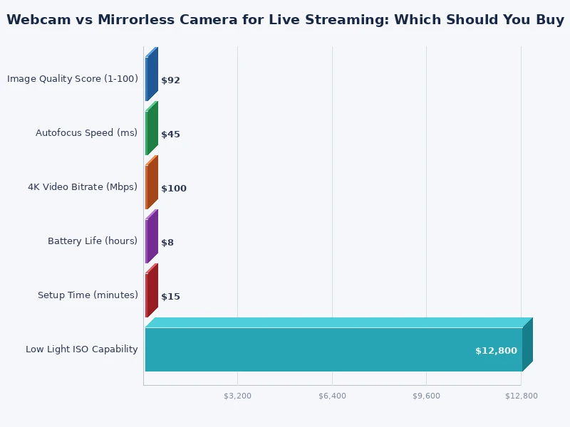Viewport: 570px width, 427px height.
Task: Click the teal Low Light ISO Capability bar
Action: [x=333, y=349]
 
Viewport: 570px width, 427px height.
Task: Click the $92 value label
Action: [x=170, y=80]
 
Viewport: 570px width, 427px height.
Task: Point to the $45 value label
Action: [x=170, y=135]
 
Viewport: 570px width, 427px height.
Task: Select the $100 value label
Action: [x=173, y=189]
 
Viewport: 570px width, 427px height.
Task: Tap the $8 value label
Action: [x=167, y=243]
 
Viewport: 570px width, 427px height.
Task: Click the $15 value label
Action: [x=170, y=297]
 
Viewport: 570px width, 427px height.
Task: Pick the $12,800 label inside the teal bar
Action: [x=496, y=351]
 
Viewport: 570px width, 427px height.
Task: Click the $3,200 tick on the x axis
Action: [x=237, y=396]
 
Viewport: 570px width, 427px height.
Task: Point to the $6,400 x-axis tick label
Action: [x=332, y=396]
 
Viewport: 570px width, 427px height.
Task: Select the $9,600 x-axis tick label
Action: [x=426, y=396]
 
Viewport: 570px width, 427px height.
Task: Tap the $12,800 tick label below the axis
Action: [x=522, y=396]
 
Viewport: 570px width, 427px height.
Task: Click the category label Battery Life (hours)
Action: [x=93, y=241]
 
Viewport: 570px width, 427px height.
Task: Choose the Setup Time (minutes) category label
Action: [x=88, y=295]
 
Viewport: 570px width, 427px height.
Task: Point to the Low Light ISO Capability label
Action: [x=82, y=349]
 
